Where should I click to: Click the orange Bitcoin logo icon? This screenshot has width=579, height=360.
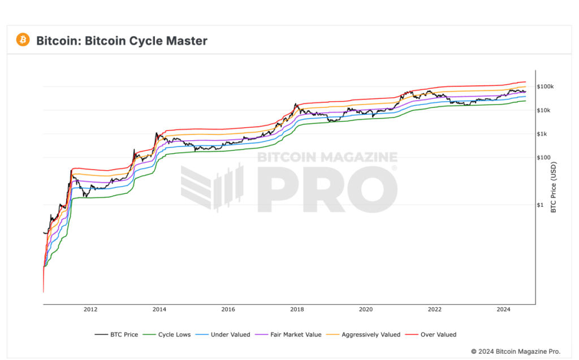coord(23,40)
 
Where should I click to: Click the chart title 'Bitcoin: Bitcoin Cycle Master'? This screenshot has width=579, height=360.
coord(122,41)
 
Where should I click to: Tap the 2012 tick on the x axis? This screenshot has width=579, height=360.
coord(90,310)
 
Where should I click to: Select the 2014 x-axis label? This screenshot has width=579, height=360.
coord(159,310)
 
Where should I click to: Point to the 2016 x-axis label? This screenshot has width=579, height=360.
coord(228,310)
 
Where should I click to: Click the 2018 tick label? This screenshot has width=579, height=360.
coord(297,310)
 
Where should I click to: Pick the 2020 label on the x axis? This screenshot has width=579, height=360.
coord(366,310)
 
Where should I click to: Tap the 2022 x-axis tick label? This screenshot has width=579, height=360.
coord(435,310)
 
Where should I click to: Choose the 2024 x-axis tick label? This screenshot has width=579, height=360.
coord(504,310)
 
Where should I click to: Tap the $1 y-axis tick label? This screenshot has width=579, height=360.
coord(542,205)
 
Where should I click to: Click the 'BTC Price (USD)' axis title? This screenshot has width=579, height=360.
coord(554,188)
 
